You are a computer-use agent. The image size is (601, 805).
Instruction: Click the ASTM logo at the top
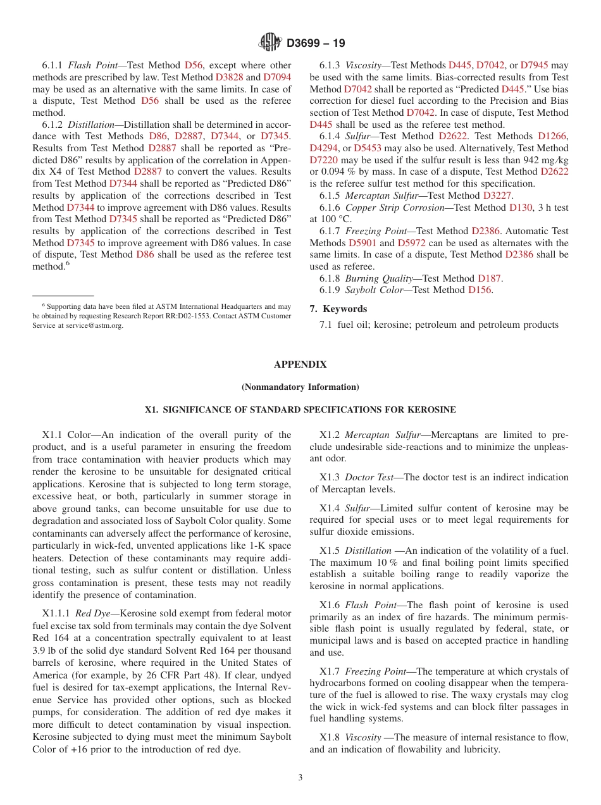pyautogui.click(x=270, y=43)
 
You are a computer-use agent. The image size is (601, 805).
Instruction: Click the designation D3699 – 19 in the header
pyautogui.click(x=316, y=44)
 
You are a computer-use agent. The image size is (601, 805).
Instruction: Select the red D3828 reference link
pyautogui.click(x=229, y=77)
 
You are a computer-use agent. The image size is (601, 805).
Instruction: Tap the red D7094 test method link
pyautogui.click(x=277, y=77)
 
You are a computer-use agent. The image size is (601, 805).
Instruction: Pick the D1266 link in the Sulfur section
pyautogui.click(x=552, y=136)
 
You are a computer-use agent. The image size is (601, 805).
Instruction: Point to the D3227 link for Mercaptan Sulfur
pyautogui.click(x=499, y=196)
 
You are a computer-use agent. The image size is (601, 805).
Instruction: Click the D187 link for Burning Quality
pyautogui.click(x=489, y=278)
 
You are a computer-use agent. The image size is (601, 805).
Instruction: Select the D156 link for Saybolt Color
pyautogui.click(x=480, y=290)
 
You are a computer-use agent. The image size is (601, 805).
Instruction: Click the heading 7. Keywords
pyautogui.click(x=338, y=309)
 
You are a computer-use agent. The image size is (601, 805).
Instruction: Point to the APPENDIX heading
pyautogui.click(x=300, y=365)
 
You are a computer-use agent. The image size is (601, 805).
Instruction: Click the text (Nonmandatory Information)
pyautogui.click(x=300, y=387)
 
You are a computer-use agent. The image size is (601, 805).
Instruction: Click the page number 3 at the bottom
pyautogui.click(x=300, y=778)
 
